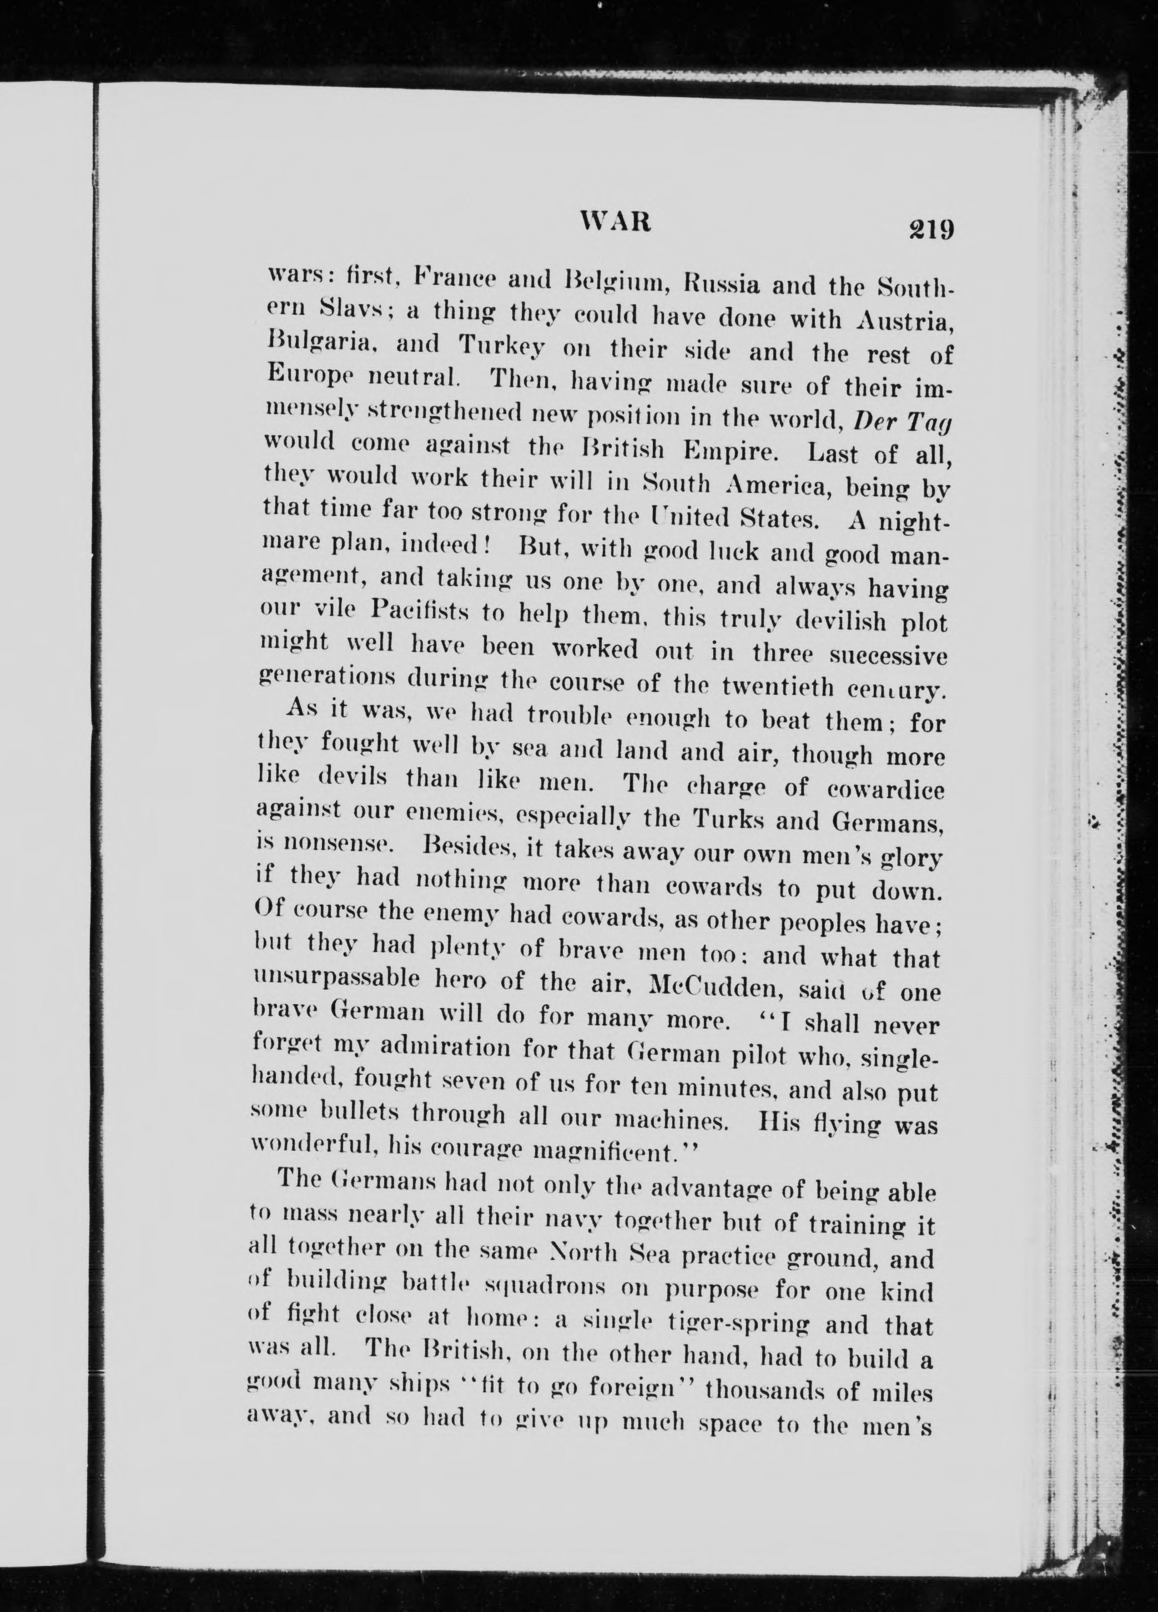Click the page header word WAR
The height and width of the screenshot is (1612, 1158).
click(x=616, y=223)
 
